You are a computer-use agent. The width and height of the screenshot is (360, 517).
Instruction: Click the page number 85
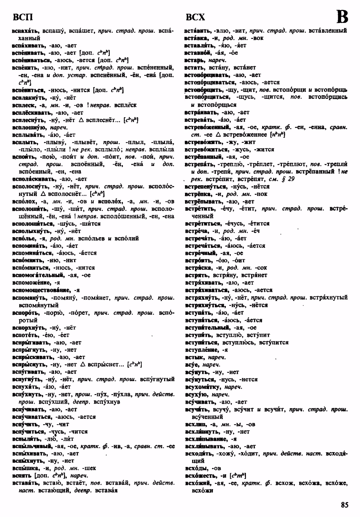click(344, 504)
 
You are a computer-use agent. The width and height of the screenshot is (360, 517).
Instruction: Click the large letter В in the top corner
click(342, 17)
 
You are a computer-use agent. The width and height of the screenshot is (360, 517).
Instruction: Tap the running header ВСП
click(23, 18)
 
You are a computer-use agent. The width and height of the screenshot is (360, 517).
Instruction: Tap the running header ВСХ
click(195, 18)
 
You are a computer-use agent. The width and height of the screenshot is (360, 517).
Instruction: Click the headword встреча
click(197, 231)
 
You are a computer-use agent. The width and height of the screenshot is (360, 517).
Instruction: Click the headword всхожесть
click(201, 476)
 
